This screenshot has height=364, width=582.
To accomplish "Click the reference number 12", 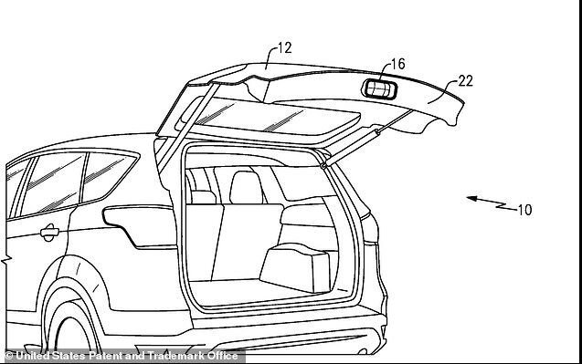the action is coord(285,48).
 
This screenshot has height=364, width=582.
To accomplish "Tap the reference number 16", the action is coord(398,64).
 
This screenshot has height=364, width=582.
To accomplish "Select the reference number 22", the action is coord(465,81).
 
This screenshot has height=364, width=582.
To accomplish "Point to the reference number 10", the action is coord(524,210).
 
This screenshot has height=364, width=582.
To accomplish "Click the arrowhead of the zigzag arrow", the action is coord(471,199).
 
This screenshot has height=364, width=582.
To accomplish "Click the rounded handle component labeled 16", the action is coord(379,89).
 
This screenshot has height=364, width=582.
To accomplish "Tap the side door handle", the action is coord(49,233).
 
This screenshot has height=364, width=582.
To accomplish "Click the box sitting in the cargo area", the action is coord(295,267).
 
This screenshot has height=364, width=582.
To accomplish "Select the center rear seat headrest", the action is coord(246,187).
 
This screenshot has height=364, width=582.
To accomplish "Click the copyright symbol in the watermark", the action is coord(8,356).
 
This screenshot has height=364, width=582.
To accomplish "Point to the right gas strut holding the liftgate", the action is coord(365,139).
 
